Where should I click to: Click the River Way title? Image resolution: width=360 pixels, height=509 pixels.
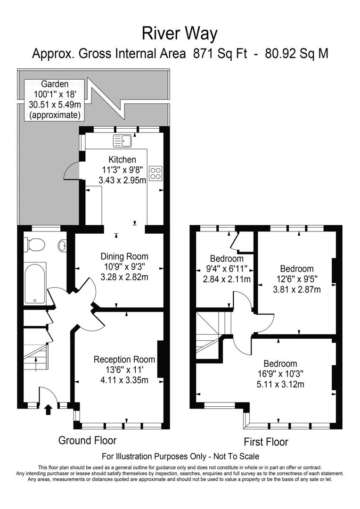click(x=180, y=34)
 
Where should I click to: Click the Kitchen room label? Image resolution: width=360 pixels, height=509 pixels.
click(x=122, y=160)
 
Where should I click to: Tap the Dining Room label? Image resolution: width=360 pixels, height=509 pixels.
click(x=124, y=257)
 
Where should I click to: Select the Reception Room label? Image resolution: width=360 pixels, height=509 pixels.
click(x=124, y=360)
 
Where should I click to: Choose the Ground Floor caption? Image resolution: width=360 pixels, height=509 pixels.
click(x=87, y=440)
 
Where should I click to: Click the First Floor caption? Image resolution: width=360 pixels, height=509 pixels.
click(x=266, y=442)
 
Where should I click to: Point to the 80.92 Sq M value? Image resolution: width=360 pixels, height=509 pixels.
click(x=296, y=54)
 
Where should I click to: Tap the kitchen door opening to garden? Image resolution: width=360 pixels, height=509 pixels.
click(x=70, y=170)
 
